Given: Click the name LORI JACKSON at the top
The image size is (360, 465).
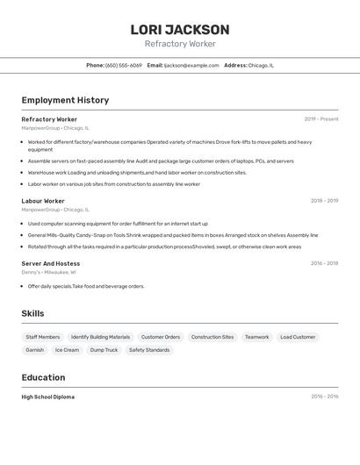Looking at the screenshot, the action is click(x=180, y=30).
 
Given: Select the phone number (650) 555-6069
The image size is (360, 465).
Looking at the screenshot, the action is click(x=123, y=65).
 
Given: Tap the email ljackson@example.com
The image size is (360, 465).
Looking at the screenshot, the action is click(x=191, y=65).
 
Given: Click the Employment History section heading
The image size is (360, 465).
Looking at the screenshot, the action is click(x=65, y=100).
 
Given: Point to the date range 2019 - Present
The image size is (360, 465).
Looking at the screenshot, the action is click(x=320, y=119).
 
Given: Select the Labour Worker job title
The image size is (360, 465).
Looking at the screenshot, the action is click(x=43, y=201).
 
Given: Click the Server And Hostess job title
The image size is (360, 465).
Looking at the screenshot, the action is click(x=50, y=263).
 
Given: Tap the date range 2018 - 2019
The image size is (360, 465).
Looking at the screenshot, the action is click(x=324, y=201).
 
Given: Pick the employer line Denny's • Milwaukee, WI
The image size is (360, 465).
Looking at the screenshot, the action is click(x=48, y=272).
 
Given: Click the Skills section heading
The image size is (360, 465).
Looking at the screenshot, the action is click(x=32, y=313).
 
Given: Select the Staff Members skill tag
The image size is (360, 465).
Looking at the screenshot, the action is click(x=43, y=337).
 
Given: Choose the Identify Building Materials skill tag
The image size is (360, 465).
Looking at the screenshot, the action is click(x=100, y=337).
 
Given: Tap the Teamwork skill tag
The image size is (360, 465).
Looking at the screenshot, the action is click(x=256, y=337).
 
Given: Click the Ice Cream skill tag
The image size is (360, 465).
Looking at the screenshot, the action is click(x=67, y=350).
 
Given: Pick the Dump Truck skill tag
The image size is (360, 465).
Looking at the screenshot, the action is click(x=104, y=350).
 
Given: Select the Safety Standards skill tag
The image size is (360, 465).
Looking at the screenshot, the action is click(x=149, y=350).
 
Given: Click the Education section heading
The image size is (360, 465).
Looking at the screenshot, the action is click(x=43, y=377).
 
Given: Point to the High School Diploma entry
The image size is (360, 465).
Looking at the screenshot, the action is click(x=47, y=397).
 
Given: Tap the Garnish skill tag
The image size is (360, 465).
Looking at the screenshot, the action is click(x=34, y=350).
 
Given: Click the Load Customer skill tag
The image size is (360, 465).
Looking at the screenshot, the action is click(x=298, y=337).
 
